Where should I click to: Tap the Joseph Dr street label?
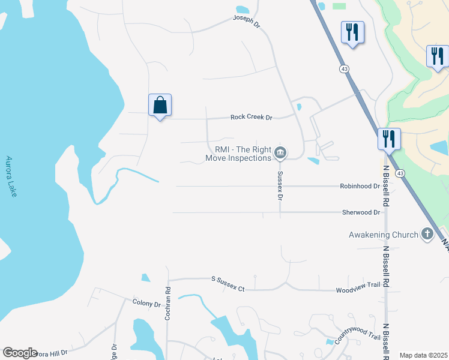247,22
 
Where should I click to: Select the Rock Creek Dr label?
252,117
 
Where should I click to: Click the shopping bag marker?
160,106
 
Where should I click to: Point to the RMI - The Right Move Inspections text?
239,154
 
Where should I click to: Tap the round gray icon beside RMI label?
280,154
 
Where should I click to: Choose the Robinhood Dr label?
360,186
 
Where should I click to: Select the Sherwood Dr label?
361,212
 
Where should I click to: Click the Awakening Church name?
384,235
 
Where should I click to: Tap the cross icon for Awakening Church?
427,234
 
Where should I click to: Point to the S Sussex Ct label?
228,284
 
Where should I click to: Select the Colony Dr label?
146,304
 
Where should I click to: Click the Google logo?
20,353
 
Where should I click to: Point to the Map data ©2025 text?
424,355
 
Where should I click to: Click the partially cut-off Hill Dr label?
51,354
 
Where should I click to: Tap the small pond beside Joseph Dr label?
243,10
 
